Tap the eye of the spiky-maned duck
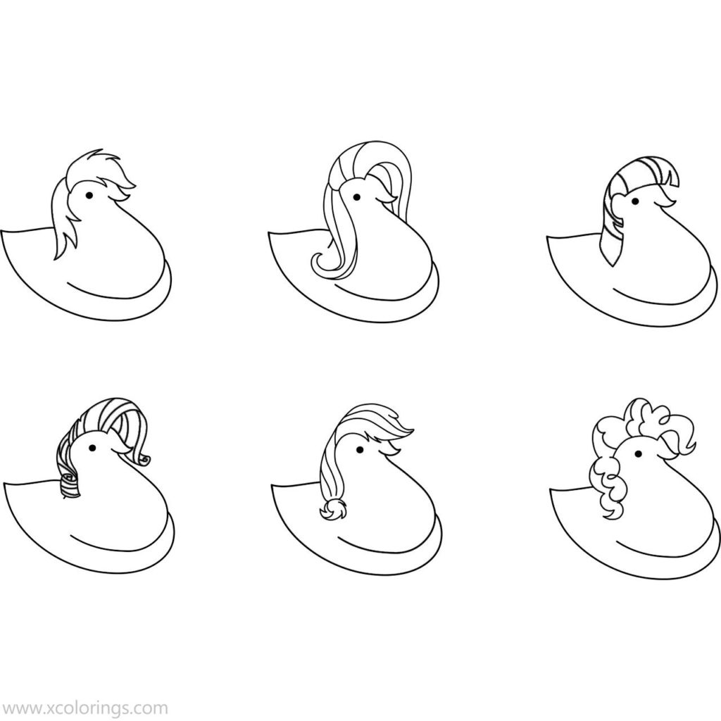(89, 196)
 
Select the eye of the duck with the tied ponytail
(360, 449)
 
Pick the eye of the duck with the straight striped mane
(635, 201)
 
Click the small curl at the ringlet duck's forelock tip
(145, 459)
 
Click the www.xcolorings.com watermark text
(84, 708)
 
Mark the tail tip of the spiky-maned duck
(2, 231)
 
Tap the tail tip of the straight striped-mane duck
(548, 238)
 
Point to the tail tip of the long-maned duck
(269, 234)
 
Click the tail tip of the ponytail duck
(272, 484)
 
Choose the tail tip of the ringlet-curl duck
(5, 484)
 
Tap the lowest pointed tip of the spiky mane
(55, 258)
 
